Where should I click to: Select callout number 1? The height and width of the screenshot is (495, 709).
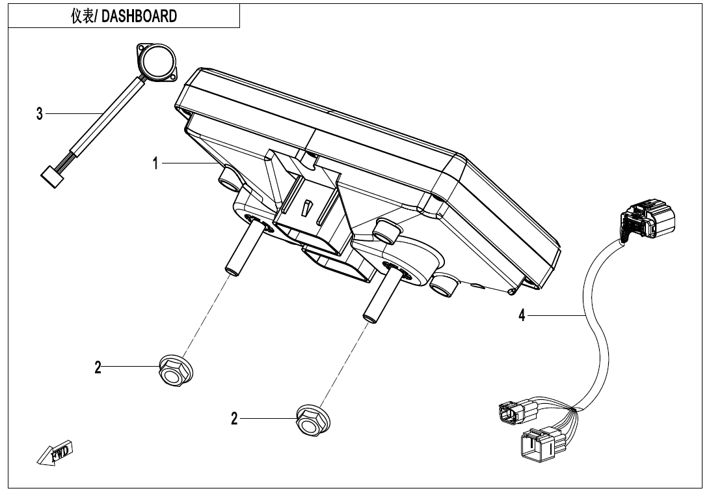point(155,163)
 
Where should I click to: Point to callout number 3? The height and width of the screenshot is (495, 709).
point(40,114)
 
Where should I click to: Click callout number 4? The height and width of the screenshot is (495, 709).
point(522,316)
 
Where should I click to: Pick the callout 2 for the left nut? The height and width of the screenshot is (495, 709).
point(98,367)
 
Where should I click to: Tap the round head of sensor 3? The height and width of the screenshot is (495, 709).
point(156,63)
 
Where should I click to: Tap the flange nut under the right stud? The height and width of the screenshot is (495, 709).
point(310,419)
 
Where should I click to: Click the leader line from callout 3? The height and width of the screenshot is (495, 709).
point(72,114)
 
